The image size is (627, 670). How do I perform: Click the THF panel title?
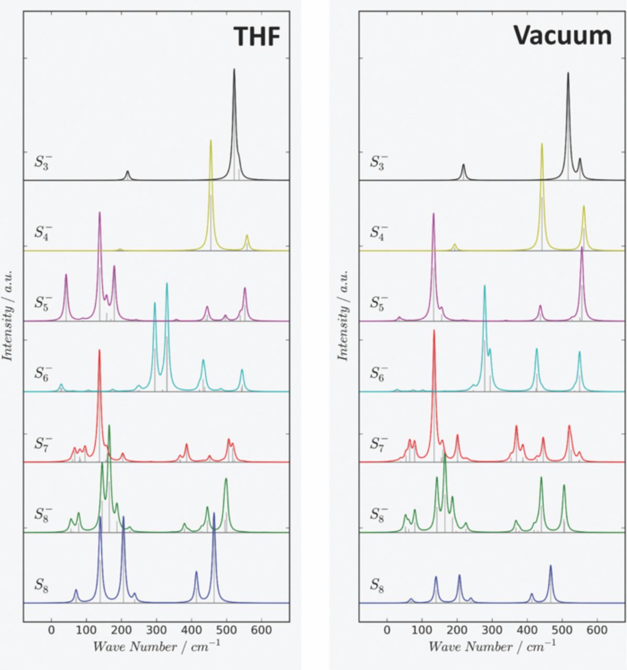256,36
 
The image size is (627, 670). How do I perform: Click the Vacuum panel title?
562,36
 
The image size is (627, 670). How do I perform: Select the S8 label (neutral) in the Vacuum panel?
378,584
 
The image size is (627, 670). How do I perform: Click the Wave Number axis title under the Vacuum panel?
491,647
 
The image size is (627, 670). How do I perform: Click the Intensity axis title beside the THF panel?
8,315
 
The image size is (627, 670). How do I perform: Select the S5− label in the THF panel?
43,302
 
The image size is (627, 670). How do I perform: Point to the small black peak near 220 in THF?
127,173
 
